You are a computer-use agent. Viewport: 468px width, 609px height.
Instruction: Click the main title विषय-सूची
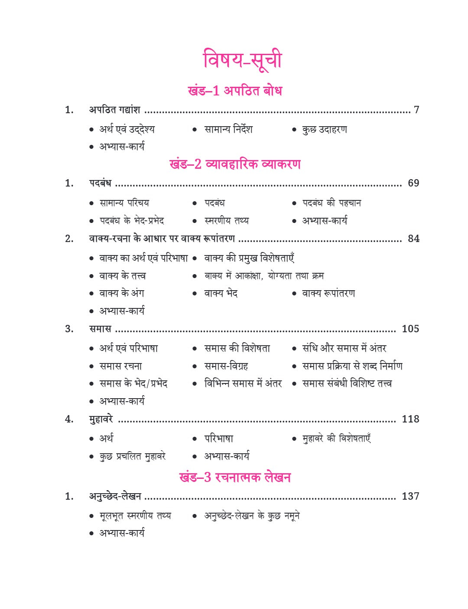pos(242,60)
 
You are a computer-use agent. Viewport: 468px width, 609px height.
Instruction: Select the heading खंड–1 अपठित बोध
pos(234,91)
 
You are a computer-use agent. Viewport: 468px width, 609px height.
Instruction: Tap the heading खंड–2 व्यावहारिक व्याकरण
pos(234,164)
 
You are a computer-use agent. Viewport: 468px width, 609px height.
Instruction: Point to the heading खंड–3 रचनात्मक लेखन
pos(234,478)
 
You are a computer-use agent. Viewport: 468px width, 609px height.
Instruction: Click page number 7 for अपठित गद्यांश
pos(416,110)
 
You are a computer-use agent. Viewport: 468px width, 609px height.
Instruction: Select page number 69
pos(413,183)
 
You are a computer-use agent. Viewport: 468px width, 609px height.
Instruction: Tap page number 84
pos(413,239)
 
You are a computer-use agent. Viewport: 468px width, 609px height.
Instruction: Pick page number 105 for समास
pos(410,329)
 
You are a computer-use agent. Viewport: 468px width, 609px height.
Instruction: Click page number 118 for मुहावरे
pos(410,419)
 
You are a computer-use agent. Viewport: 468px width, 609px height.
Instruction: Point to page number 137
pos(410,496)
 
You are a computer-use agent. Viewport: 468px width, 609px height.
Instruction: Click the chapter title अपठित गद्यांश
pos(115,110)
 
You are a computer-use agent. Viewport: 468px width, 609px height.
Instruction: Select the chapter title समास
pos(100,329)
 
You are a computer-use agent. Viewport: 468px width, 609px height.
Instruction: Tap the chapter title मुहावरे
pos(101,419)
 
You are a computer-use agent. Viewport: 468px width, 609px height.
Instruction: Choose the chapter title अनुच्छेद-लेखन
pos(115,496)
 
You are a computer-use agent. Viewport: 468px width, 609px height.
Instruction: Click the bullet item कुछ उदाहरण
pos(325,129)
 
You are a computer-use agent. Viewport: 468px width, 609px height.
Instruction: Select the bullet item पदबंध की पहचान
pos(331,203)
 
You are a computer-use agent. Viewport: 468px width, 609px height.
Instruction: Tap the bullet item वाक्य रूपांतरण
pos(328,294)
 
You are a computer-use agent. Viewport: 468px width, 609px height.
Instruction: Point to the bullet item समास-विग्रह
pos(226,366)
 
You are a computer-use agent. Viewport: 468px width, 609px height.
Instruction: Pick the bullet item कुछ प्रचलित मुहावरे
pos(133,456)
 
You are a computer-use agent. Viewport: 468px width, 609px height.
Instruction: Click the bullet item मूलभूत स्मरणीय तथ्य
pos(135,516)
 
